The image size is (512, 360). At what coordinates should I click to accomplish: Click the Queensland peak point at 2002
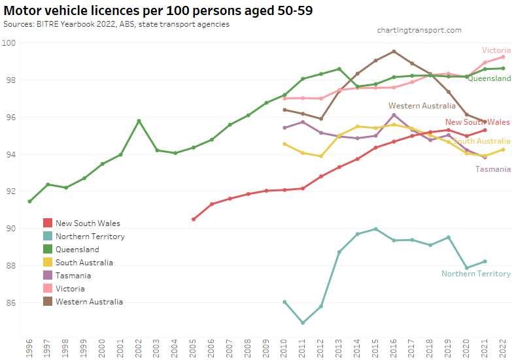139,121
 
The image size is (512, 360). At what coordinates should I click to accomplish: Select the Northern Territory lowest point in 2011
303,323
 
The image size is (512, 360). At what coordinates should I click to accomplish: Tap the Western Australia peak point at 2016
394,52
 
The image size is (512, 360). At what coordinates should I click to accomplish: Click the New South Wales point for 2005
194,220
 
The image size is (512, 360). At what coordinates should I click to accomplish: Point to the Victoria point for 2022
503,57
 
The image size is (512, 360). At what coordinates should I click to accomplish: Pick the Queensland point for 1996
29,201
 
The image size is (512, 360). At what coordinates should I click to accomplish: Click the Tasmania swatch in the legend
48,276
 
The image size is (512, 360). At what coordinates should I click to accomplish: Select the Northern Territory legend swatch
48,237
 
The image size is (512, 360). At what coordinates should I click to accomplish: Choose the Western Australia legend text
89,302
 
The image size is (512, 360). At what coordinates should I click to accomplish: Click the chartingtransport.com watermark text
419,30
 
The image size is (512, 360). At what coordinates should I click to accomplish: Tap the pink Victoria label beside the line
496,50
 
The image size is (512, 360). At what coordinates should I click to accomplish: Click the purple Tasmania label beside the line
492,169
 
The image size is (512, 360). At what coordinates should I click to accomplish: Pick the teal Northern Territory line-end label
475,274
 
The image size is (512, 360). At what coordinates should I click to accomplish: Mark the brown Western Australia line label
422,106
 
